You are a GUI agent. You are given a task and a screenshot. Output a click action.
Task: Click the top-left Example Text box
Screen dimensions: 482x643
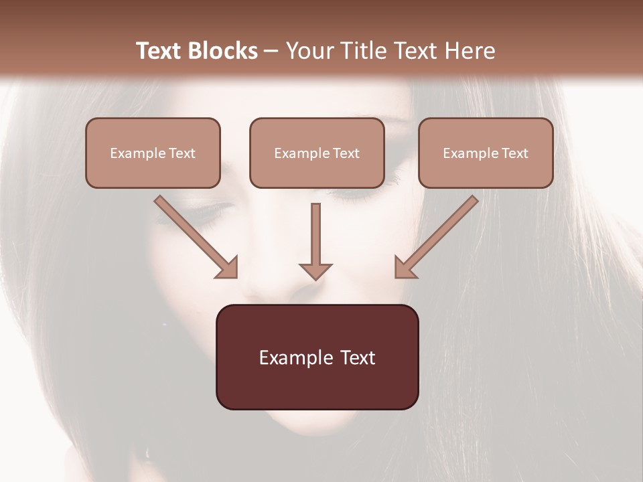[x=153, y=153]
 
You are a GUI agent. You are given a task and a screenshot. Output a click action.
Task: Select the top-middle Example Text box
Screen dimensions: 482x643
[x=317, y=153]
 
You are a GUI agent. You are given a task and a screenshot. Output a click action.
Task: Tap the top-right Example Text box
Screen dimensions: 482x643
[x=486, y=153]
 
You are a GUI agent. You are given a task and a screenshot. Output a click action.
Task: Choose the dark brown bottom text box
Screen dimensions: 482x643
[x=317, y=357]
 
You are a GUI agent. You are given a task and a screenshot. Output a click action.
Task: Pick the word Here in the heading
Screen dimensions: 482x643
[x=470, y=51]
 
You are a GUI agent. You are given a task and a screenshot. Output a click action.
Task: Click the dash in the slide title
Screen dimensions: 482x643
[x=271, y=51]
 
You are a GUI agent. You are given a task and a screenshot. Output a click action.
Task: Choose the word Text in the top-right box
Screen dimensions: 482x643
[x=514, y=153]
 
